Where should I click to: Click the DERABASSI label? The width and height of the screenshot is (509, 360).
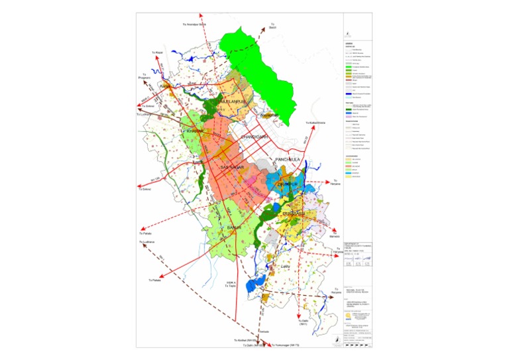(x=292, y=214)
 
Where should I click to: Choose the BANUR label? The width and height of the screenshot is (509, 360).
(x=233, y=227)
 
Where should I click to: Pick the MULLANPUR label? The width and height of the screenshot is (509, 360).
(x=223, y=101)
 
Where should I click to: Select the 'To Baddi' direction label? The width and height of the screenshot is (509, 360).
(x=272, y=26)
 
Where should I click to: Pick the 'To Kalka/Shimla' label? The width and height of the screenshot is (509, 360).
(x=317, y=123)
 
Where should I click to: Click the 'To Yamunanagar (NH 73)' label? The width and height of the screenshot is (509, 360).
(x=286, y=345)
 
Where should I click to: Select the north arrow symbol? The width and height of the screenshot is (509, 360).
(x=339, y=337)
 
